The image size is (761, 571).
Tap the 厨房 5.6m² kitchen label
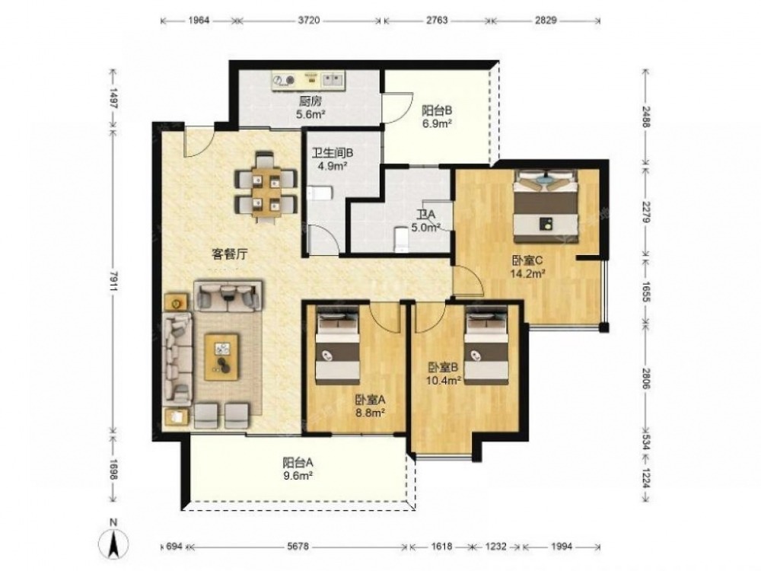310,108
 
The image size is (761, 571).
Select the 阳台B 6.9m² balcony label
437,116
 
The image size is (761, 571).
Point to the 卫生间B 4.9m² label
332,160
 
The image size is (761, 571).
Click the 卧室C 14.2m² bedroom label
527,266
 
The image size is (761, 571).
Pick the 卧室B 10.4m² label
444,373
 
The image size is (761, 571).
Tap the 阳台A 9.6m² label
298,469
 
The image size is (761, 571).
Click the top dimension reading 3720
309,21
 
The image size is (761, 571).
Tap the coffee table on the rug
221,357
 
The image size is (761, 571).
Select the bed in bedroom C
546,206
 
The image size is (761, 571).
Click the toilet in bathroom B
319,193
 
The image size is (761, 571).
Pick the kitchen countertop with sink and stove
309,81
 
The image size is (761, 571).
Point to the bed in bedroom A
337,345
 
